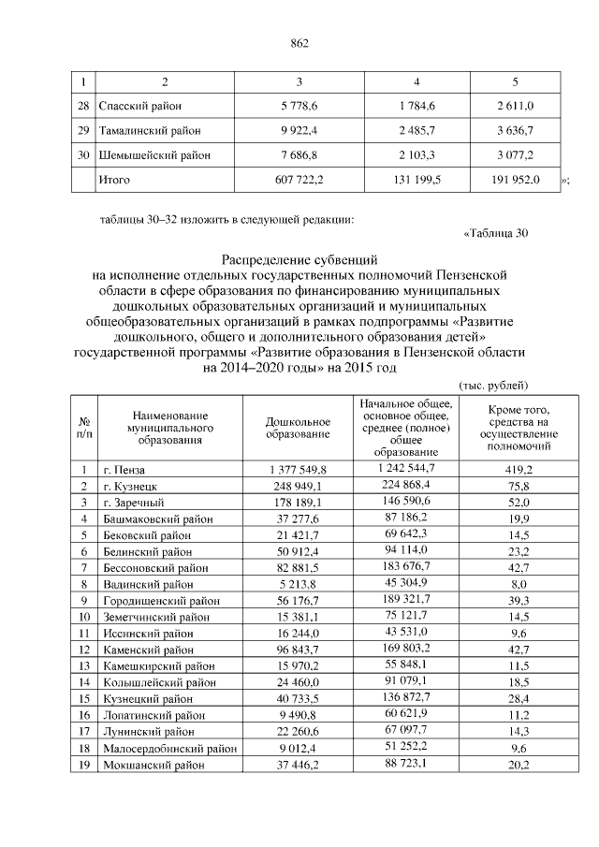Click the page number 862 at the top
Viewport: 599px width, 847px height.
[299, 43]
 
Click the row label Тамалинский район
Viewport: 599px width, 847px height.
[152, 130]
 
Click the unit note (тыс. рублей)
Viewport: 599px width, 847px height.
[494, 385]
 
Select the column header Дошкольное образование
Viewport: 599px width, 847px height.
[298, 428]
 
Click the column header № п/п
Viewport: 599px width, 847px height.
[84, 428]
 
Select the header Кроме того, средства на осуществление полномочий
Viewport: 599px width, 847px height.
[517, 428]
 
